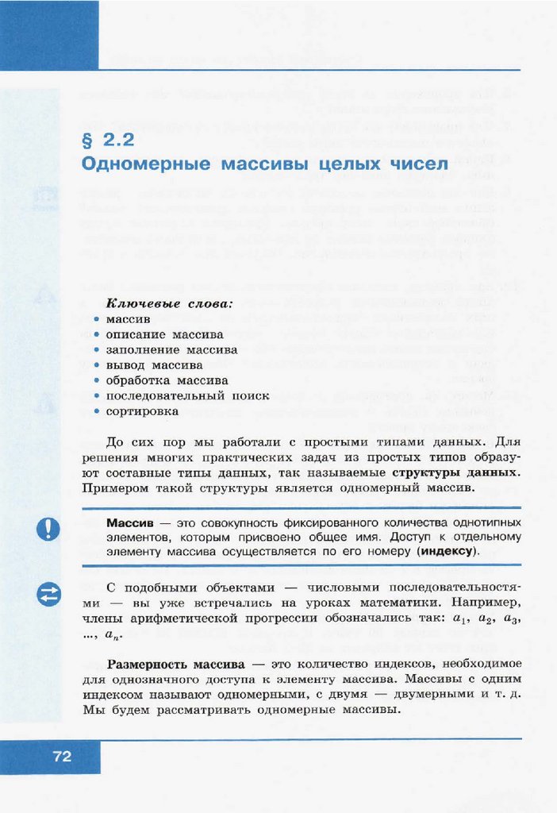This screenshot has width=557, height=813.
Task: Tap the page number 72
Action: point(62,757)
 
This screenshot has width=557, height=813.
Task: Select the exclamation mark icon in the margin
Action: point(48,529)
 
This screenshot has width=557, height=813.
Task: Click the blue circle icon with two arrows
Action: point(48,595)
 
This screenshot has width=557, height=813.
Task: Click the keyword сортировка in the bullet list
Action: point(142,411)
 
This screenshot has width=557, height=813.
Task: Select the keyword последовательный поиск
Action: point(187,395)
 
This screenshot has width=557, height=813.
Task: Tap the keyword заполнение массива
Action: point(171,349)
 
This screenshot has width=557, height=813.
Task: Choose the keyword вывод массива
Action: point(154,365)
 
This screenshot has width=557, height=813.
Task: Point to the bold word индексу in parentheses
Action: point(446,551)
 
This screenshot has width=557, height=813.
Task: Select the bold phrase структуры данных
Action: point(467,472)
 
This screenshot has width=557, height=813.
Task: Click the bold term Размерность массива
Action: point(175,664)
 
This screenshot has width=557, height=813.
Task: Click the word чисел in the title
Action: point(418,164)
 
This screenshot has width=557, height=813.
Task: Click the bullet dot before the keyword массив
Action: point(96,319)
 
